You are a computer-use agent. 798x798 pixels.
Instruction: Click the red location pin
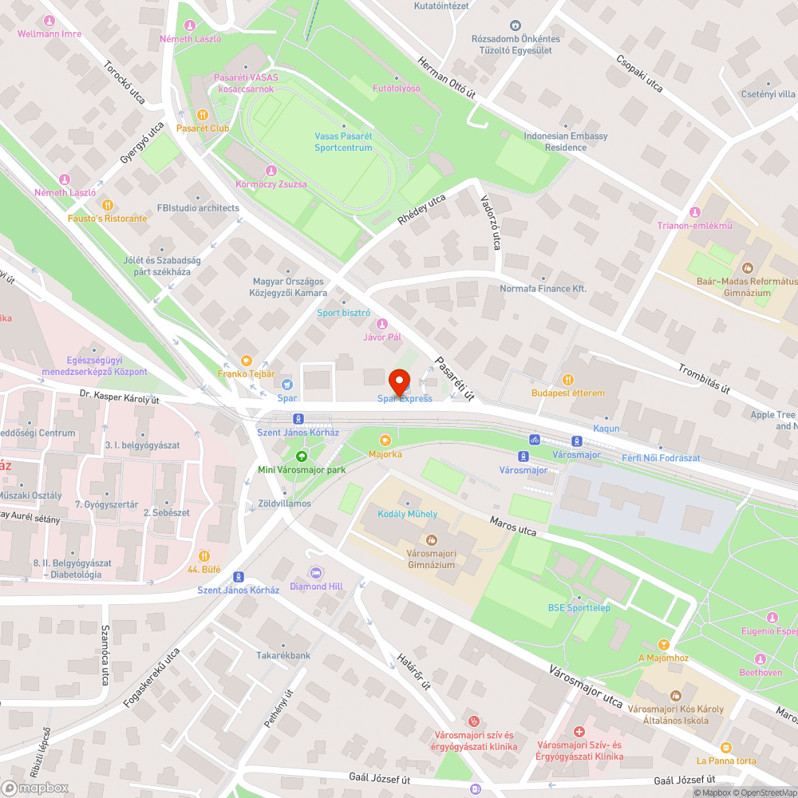click(x=399, y=381)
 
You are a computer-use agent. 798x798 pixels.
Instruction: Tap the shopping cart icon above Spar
click(x=287, y=385)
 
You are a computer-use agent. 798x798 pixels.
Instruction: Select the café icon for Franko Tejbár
click(x=246, y=360)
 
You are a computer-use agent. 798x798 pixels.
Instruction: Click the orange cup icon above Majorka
click(x=385, y=440)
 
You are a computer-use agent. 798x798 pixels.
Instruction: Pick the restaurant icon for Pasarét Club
click(x=202, y=114)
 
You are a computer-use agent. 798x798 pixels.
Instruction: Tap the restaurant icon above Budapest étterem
click(x=568, y=379)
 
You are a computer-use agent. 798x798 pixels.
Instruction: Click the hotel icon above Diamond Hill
click(x=316, y=573)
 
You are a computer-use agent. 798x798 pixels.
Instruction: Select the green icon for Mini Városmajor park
click(x=301, y=456)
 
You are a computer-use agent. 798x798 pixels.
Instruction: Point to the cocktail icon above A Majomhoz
click(x=662, y=644)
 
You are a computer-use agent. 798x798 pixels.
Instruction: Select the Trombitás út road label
click(x=704, y=379)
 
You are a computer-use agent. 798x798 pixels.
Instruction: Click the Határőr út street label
click(x=414, y=672)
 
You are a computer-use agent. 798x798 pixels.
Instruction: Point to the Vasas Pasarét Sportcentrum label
click(x=343, y=142)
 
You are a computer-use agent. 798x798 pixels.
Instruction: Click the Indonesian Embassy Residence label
click(x=566, y=142)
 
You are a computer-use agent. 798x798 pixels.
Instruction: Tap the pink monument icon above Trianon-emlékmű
click(x=694, y=212)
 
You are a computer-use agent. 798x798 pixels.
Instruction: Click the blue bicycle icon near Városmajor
click(x=535, y=440)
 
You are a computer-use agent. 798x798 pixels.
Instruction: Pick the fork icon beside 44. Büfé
click(x=204, y=555)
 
